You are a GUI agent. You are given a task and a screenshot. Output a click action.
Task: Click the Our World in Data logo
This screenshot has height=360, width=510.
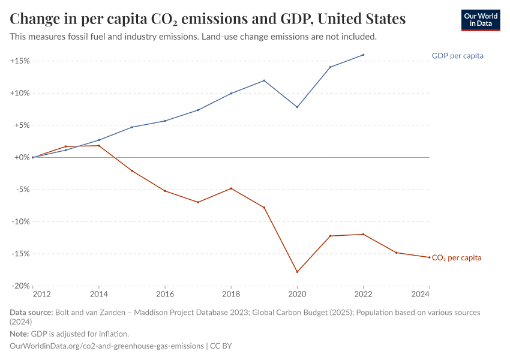(x=480, y=20)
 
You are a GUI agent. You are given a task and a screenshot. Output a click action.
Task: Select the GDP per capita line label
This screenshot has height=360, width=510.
(x=457, y=56)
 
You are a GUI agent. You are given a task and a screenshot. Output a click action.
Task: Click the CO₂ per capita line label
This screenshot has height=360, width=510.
(x=456, y=258)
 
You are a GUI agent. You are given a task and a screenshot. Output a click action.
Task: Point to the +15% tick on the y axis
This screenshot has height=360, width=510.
(x=20, y=61)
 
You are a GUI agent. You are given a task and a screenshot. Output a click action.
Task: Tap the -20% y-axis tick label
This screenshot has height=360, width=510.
(x=20, y=286)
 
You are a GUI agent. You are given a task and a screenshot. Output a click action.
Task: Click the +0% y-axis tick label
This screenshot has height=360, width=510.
(x=22, y=157)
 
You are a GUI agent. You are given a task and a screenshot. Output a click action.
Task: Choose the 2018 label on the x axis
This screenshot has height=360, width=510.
(x=231, y=294)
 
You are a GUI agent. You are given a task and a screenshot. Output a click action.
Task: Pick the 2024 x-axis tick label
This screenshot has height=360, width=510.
(x=421, y=294)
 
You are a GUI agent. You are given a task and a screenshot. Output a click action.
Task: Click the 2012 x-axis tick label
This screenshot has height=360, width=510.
(x=41, y=294)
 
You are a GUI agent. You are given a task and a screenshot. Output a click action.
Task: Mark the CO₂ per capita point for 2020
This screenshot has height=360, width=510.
(x=297, y=272)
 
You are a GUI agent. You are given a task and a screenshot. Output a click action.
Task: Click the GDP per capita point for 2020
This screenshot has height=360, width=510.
(x=297, y=107)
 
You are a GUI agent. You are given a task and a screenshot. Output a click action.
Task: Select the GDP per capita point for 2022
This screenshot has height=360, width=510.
(x=363, y=55)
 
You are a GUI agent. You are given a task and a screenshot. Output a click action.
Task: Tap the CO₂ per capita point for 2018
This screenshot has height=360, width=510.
(x=231, y=188)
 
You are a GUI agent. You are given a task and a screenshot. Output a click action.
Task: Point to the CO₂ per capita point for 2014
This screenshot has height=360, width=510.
(x=99, y=146)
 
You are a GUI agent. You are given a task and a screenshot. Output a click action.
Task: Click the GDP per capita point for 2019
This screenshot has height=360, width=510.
(x=264, y=80)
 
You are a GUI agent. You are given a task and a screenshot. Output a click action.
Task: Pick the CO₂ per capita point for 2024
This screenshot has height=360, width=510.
(x=429, y=257)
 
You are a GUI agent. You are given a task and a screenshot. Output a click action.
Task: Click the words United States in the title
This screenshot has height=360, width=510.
(x=361, y=19)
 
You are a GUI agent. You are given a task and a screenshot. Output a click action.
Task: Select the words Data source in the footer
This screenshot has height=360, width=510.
(x=31, y=313)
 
